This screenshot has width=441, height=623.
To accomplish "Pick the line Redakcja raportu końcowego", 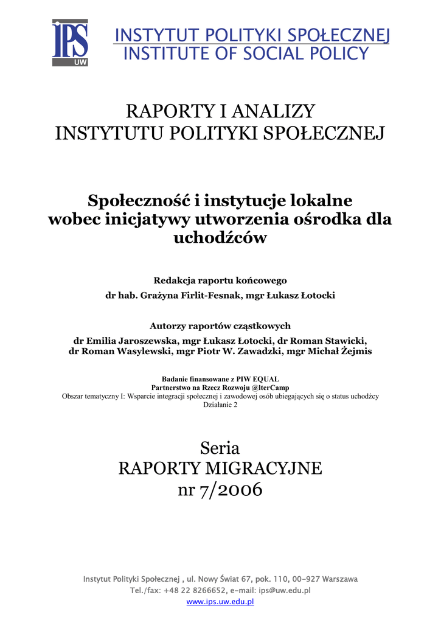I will (x=220, y=280).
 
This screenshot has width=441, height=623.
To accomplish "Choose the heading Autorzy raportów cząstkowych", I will (x=220, y=325).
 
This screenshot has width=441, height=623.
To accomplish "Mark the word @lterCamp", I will (x=268, y=388).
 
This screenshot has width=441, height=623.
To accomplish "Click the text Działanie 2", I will (x=220, y=405).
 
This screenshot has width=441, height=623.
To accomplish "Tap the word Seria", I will (x=220, y=449).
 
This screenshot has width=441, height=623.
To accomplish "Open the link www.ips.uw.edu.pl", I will (x=220, y=602).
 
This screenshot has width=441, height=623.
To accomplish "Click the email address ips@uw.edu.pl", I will (x=285, y=590).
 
